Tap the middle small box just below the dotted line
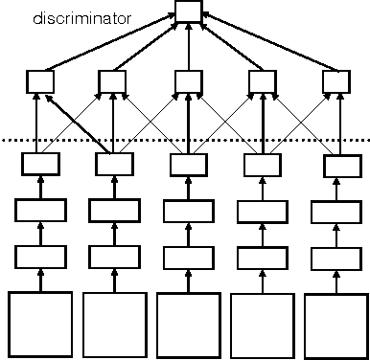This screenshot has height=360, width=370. tap(186, 165)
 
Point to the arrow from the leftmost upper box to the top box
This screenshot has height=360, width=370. tap(105, 41)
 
